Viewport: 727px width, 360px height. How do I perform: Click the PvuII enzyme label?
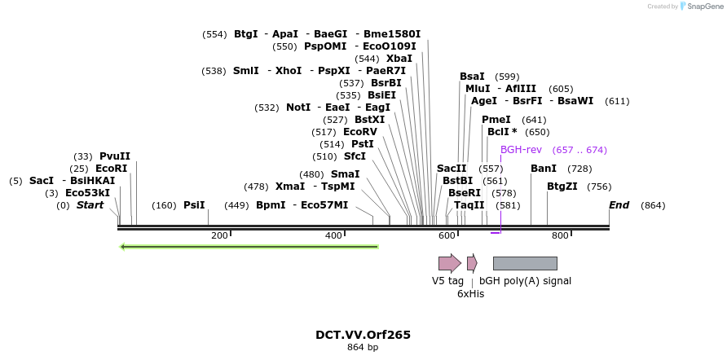[114, 156]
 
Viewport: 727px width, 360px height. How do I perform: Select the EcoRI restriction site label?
[111, 169]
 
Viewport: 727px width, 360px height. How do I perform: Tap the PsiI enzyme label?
[194, 205]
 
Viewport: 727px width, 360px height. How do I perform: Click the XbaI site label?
[399, 59]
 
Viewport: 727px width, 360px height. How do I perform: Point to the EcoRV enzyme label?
[360, 132]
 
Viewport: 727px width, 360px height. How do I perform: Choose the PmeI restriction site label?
[496, 120]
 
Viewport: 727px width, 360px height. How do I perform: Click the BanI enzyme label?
[544, 169]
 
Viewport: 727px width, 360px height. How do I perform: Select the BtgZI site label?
[562, 187]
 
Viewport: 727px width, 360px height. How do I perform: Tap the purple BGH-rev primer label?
[521, 150]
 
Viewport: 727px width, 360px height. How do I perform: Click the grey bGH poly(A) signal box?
[525, 263]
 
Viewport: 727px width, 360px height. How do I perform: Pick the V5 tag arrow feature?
[449, 263]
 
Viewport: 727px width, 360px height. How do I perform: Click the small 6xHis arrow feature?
[472, 263]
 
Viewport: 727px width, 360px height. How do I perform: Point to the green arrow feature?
[249, 246]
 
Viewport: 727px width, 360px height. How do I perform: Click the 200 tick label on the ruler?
[219, 235]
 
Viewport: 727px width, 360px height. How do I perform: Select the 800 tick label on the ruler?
[560, 235]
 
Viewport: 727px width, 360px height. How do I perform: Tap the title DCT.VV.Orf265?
[363, 335]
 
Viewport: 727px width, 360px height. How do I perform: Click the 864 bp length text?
[363, 348]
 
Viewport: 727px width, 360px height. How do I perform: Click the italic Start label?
[90, 205]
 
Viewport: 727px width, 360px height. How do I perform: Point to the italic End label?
[619, 205]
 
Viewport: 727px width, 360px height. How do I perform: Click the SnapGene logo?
[700, 7]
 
